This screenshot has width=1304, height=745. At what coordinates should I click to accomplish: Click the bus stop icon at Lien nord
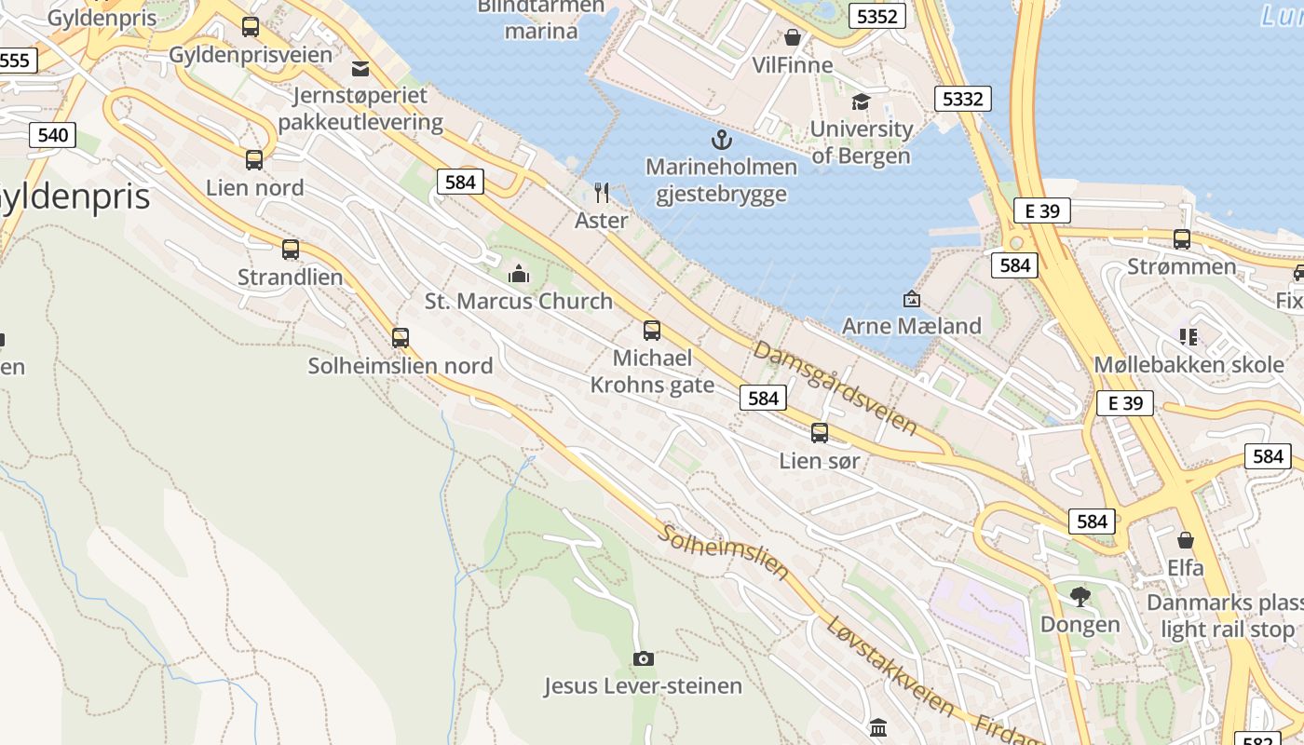click(x=254, y=160)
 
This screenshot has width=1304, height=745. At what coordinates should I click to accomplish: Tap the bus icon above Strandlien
click(x=291, y=250)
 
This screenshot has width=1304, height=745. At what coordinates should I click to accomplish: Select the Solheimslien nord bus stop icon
click(x=401, y=338)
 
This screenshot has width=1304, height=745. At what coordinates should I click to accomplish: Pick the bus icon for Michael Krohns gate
click(x=652, y=331)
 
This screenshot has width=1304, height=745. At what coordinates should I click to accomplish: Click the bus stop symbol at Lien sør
click(x=820, y=433)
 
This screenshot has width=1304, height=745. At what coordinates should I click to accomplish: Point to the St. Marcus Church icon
click(x=518, y=274)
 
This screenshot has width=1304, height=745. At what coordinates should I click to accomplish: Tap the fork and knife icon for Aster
click(x=602, y=193)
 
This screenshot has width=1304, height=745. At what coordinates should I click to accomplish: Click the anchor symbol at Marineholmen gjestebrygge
click(x=722, y=141)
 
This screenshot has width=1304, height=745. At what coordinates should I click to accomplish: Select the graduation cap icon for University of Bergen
click(x=861, y=102)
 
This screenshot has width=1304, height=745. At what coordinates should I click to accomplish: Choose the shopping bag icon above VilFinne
click(x=793, y=37)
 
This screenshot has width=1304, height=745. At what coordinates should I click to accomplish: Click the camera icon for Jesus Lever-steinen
click(x=643, y=659)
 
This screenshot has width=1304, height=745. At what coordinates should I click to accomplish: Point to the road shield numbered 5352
click(x=877, y=16)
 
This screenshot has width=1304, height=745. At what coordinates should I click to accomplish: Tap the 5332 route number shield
click(x=962, y=99)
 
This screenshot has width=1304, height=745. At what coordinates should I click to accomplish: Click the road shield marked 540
click(x=53, y=135)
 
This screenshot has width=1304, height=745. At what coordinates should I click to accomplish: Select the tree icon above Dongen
click(x=1080, y=596)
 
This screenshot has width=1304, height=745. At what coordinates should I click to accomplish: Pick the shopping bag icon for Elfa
click(x=1186, y=540)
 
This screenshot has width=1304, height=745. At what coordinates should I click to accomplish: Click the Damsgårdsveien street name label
click(x=835, y=387)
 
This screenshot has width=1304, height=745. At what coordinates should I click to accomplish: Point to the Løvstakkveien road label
click(x=890, y=666)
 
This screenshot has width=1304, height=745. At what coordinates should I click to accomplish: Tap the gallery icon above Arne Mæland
click(x=912, y=299)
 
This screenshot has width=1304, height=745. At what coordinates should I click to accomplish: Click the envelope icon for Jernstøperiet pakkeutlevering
click(x=360, y=68)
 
